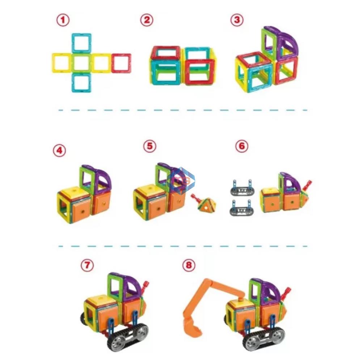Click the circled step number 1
click(63, 20)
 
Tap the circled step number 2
click(147, 20)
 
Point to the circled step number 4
click(59, 151)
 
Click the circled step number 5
click(150, 146)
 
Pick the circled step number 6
click(242, 146)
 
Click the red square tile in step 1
click(121, 63)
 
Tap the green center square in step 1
click(81, 63)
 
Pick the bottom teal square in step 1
click(81, 83)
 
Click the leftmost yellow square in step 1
click(62, 63)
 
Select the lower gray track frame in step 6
click(240, 208)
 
